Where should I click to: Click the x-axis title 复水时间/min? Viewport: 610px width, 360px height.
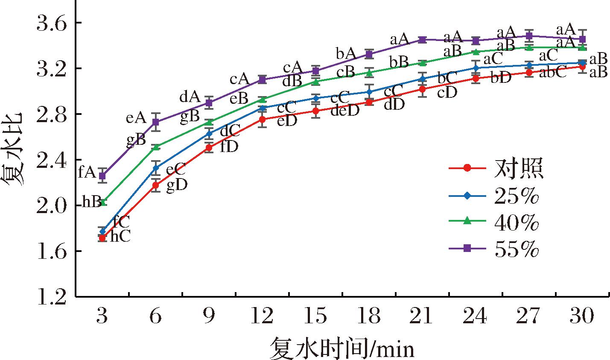pyautogui.click(x=341, y=348)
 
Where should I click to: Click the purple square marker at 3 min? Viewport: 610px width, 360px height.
pyautogui.click(x=102, y=176)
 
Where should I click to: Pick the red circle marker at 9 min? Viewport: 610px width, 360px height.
pyautogui.click(x=209, y=148)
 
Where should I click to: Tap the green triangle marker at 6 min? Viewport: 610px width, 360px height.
pyautogui.click(x=156, y=147)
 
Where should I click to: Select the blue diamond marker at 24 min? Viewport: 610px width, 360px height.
pyautogui.click(x=476, y=68)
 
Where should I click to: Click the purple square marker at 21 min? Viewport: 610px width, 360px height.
pyautogui.click(x=422, y=40)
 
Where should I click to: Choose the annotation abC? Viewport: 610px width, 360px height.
pyautogui.click(x=552, y=73)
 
